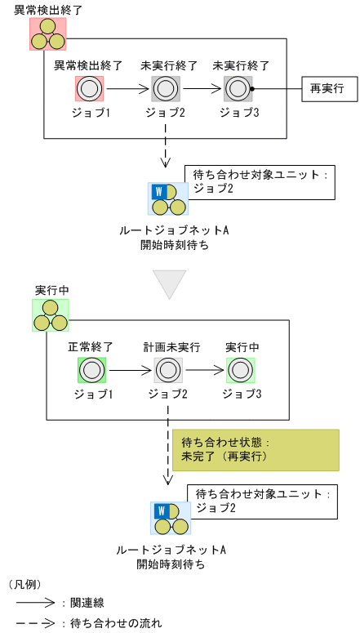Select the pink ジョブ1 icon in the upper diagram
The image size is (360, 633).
89,88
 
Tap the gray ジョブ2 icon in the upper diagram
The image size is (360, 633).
166,88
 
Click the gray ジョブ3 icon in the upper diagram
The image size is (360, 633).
238,88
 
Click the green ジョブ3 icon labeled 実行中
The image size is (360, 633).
241,370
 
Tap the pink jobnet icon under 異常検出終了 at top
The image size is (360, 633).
48,33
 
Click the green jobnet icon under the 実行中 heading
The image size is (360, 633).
50,315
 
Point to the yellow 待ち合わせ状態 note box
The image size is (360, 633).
255,450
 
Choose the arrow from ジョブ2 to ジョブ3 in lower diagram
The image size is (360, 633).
205,370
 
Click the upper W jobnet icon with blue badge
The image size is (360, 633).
167,199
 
